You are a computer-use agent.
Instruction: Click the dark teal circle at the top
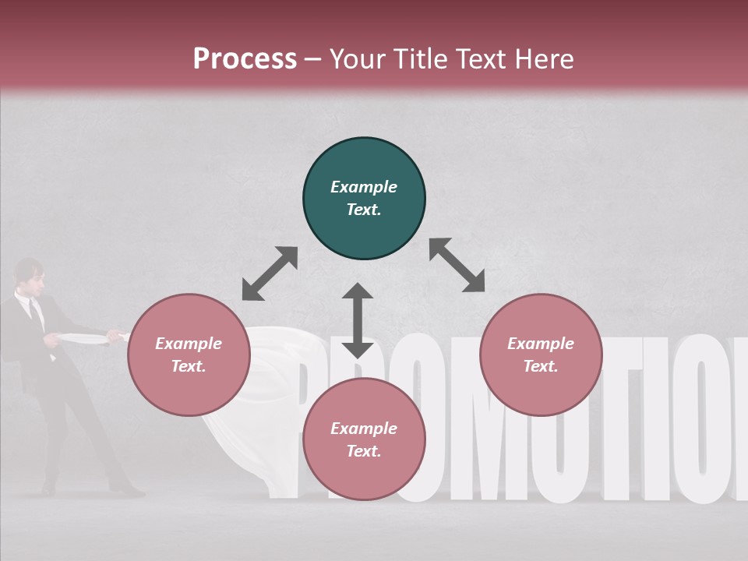pos(364,198)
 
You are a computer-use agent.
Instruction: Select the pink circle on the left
pos(189,355)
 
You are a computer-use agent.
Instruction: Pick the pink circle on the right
pos(541,355)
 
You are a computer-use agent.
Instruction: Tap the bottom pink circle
pos(364,439)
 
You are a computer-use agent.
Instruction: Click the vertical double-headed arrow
pos(358,320)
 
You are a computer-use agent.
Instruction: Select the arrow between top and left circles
pos(270,273)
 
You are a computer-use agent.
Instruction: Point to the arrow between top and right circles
pos(457,265)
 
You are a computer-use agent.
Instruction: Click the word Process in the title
pos(245,58)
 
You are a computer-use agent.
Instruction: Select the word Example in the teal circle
pos(364,187)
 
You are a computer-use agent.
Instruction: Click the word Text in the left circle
pos(189,366)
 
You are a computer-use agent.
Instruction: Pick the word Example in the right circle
pos(541,344)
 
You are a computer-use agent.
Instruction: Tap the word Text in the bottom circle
pos(364,451)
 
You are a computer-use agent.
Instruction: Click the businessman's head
pos(28,274)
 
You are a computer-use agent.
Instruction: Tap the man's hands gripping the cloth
pos(55,340)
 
